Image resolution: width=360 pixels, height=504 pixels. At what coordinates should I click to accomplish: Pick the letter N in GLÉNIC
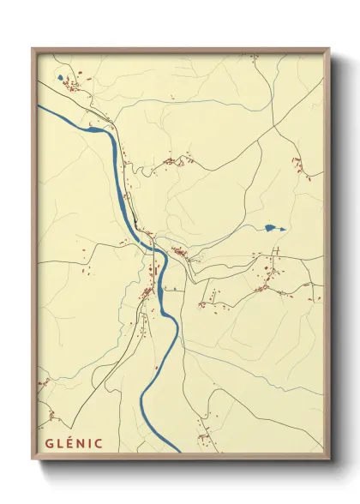click(79, 444)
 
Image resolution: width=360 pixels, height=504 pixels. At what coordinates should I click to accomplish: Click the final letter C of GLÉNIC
click(98, 444)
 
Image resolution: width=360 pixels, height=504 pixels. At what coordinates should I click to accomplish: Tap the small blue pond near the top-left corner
click(60, 78)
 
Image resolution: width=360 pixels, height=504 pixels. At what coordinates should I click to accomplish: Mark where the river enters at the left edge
click(40, 107)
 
